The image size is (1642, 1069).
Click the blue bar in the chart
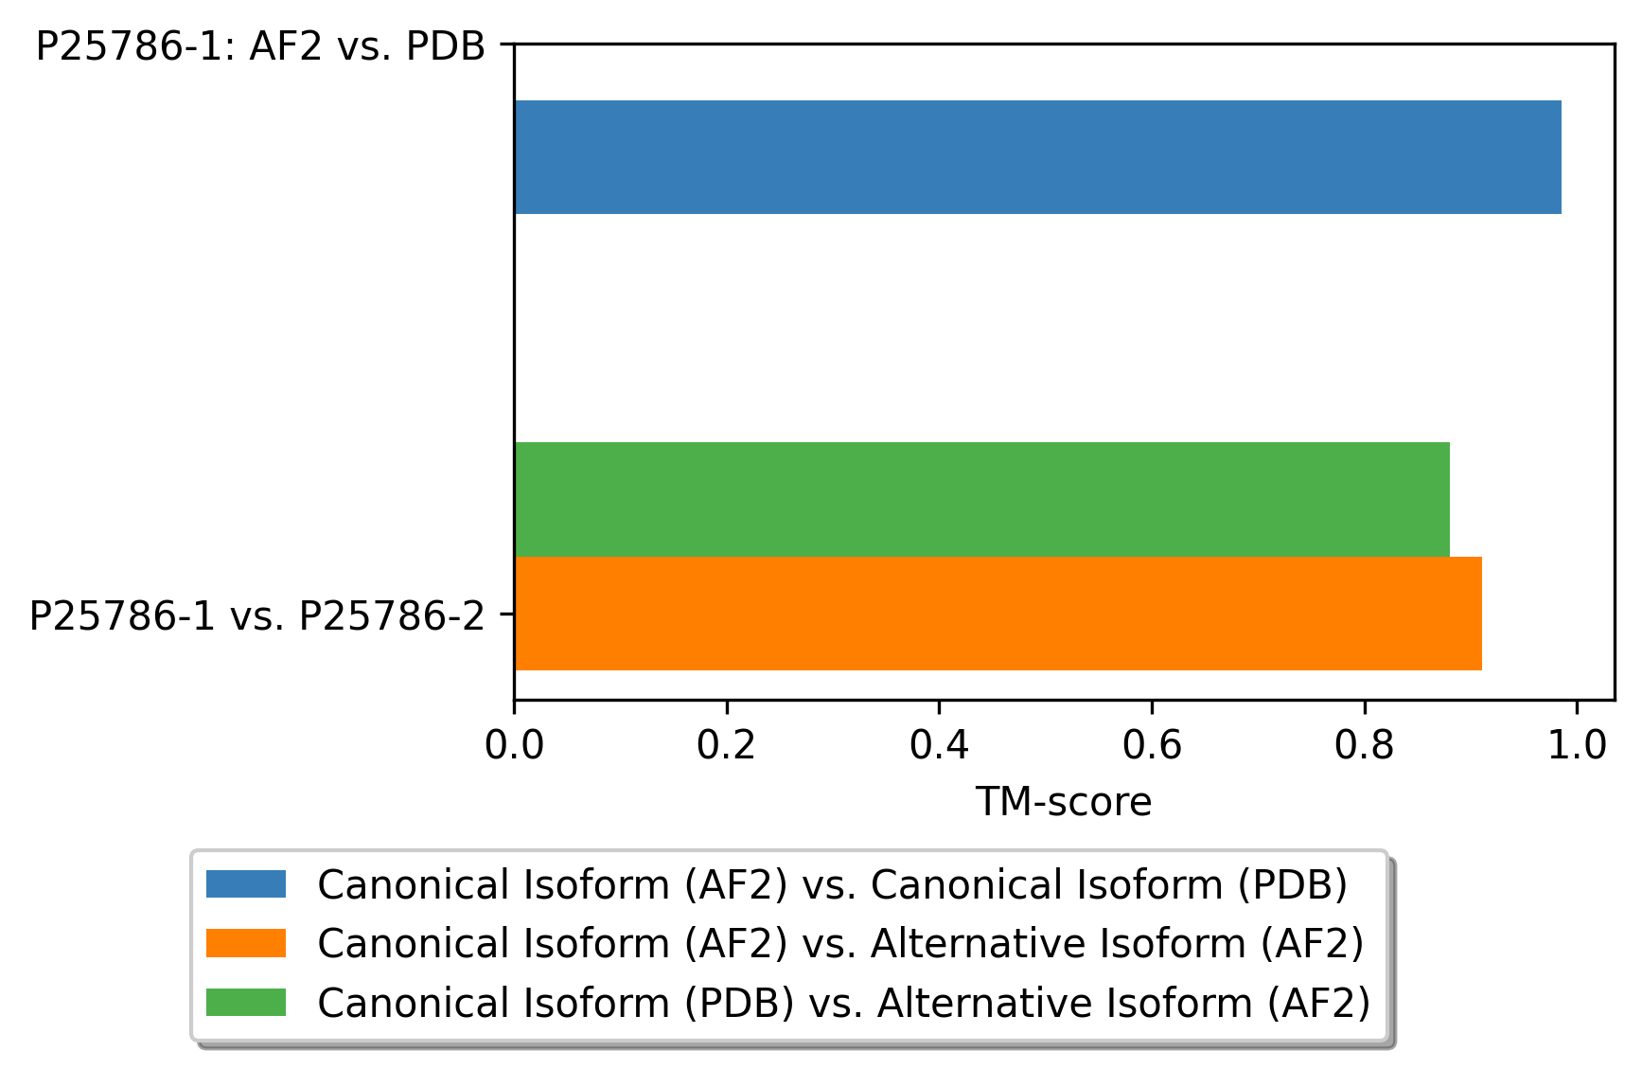[x=1037, y=157]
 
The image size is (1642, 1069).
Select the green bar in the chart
[x=982, y=499]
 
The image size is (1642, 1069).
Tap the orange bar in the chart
[x=998, y=614]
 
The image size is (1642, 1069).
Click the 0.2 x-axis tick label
[x=727, y=746]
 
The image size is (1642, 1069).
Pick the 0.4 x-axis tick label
[x=939, y=746]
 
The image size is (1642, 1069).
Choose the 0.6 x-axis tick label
[x=1152, y=746]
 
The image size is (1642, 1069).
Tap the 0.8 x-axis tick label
[x=1364, y=746]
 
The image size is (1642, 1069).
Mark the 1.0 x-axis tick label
[x=1577, y=746]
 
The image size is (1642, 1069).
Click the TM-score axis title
[x=1064, y=803]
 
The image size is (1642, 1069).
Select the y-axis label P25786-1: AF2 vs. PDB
[x=260, y=46]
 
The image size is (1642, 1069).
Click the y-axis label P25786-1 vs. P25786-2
[x=256, y=616]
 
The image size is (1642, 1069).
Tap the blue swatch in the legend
[x=246, y=884]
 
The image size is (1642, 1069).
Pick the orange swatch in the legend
[x=246, y=943]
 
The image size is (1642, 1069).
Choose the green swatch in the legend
[x=246, y=1003]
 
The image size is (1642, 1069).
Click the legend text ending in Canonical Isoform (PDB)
[x=832, y=885]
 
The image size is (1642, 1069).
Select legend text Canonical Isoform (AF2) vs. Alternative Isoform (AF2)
[x=840, y=944]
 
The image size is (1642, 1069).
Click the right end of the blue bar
[x=1562, y=157]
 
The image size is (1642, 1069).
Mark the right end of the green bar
[x=1450, y=499]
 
